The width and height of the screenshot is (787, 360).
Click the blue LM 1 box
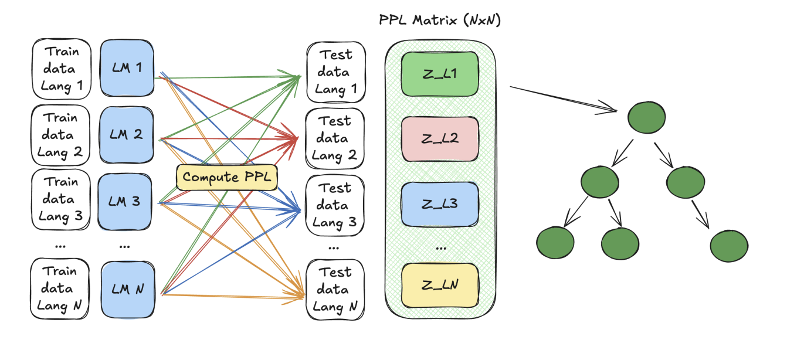click(127, 68)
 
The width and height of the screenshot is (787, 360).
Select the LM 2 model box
click(127, 134)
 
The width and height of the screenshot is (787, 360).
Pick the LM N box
click(127, 289)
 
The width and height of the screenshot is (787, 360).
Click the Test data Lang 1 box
click(335, 72)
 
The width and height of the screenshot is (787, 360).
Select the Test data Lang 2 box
click(335, 138)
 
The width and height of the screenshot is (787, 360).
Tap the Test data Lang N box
click(335, 290)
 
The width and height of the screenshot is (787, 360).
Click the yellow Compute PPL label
click(226, 177)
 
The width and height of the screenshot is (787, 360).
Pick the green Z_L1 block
click(440, 75)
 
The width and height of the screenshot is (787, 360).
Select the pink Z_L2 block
click(440, 140)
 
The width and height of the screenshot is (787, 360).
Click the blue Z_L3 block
click(440, 204)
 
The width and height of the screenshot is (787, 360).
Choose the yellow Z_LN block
click(440, 286)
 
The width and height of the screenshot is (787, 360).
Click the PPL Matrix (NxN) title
click(440, 21)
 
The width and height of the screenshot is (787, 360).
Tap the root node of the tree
click(646, 118)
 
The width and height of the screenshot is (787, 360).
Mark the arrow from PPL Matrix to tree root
click(563, 99)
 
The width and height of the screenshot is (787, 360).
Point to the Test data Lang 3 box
click(335, 205)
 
